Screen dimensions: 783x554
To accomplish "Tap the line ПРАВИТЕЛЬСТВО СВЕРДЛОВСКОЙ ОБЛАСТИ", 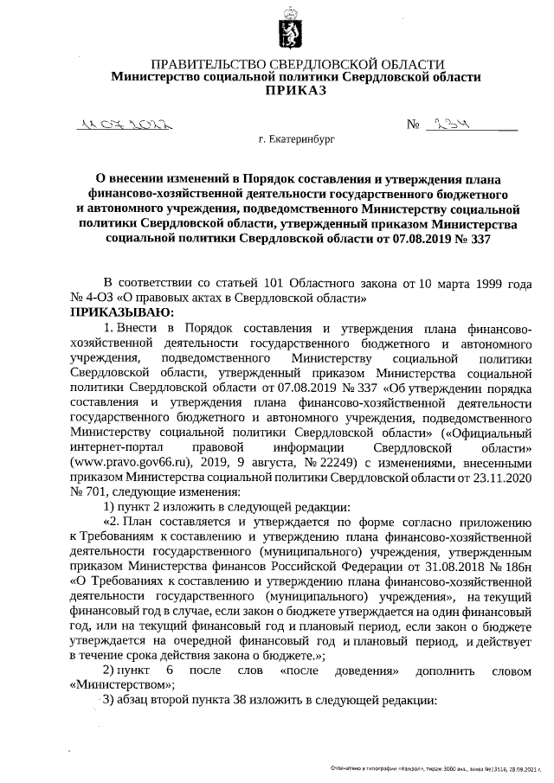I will click(298, 65).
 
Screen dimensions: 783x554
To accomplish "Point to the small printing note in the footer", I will click(437, 767).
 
